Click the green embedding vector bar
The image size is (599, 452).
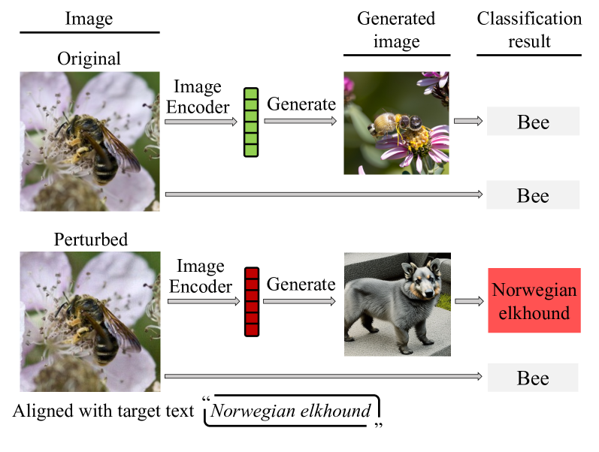coord(250,122)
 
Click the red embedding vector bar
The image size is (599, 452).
coord(250,301)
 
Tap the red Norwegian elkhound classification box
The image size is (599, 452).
coord(534,300)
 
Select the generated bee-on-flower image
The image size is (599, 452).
coord(396,123)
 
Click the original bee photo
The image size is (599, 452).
coord(89,141)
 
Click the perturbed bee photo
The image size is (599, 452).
coord(89,322)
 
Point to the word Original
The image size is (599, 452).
coord(88,59)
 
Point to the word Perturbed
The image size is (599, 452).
coord(90,240)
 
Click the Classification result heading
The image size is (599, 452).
coord(529,29)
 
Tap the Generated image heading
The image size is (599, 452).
coord(396,29)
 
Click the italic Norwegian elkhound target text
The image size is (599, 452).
coord(291,411)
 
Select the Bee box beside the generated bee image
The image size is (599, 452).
coord(533,122)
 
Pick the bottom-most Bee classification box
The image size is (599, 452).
coord(533,378)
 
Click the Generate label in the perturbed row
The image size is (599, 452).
coord(301,285)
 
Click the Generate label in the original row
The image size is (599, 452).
coord(301,104)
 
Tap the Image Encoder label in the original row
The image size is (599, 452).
coord(198,97)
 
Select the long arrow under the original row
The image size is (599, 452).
coord(323,195)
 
